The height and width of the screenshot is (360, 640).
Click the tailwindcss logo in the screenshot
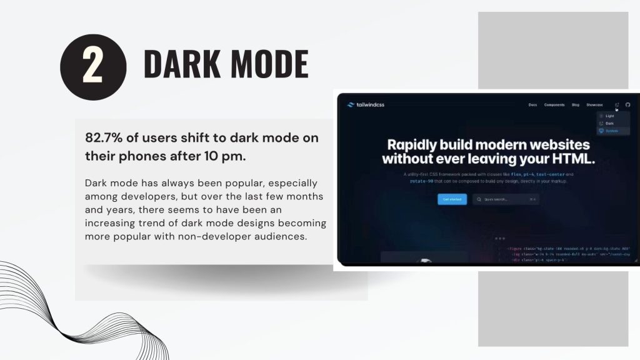(x=366, y=105)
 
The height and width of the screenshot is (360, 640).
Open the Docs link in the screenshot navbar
(x=532, y=105)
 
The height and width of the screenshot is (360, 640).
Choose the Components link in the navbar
(x=554, y=105)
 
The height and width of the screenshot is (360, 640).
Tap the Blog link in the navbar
(x=576, y=105)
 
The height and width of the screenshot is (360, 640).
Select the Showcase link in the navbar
(x=594, y=105)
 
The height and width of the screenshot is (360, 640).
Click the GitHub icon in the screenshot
(x=628, y=105)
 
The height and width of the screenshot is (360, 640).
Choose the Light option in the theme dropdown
(x=610, y=116)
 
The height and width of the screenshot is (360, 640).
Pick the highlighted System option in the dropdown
(x=611, y=131)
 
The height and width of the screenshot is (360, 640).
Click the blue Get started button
(x=452, y=199)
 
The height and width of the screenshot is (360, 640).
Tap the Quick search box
(x=506, y=199)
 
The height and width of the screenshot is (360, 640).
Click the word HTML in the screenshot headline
(x=568, y=159)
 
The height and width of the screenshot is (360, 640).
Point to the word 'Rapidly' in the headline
(x=419, y=144)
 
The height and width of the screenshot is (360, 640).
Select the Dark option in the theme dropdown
(x=610, y=124)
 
